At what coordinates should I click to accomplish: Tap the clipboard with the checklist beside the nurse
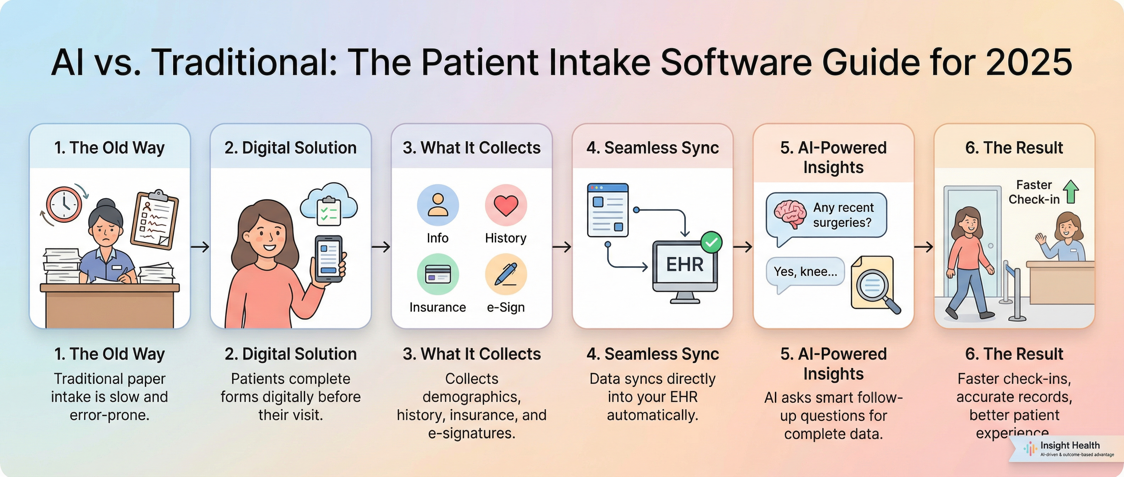[155, 220]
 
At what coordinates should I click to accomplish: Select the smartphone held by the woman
[328, 259]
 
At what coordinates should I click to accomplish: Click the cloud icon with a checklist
[329, 205]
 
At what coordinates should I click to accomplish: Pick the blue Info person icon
[438, 205]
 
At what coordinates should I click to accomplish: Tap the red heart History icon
[506, 205]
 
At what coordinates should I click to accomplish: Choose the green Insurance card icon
[438, 274]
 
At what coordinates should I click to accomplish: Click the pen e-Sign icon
[506, 274]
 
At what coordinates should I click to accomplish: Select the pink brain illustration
[790, 214]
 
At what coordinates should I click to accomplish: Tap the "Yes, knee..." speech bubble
[805, 272]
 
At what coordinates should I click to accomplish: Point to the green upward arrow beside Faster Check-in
[1071, 192]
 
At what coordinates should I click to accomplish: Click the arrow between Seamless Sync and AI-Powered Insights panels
[743, 247]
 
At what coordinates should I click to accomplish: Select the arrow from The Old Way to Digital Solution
[200, 247]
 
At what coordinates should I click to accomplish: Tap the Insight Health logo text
[1070, 445]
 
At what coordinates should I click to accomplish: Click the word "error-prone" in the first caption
[110, 415]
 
